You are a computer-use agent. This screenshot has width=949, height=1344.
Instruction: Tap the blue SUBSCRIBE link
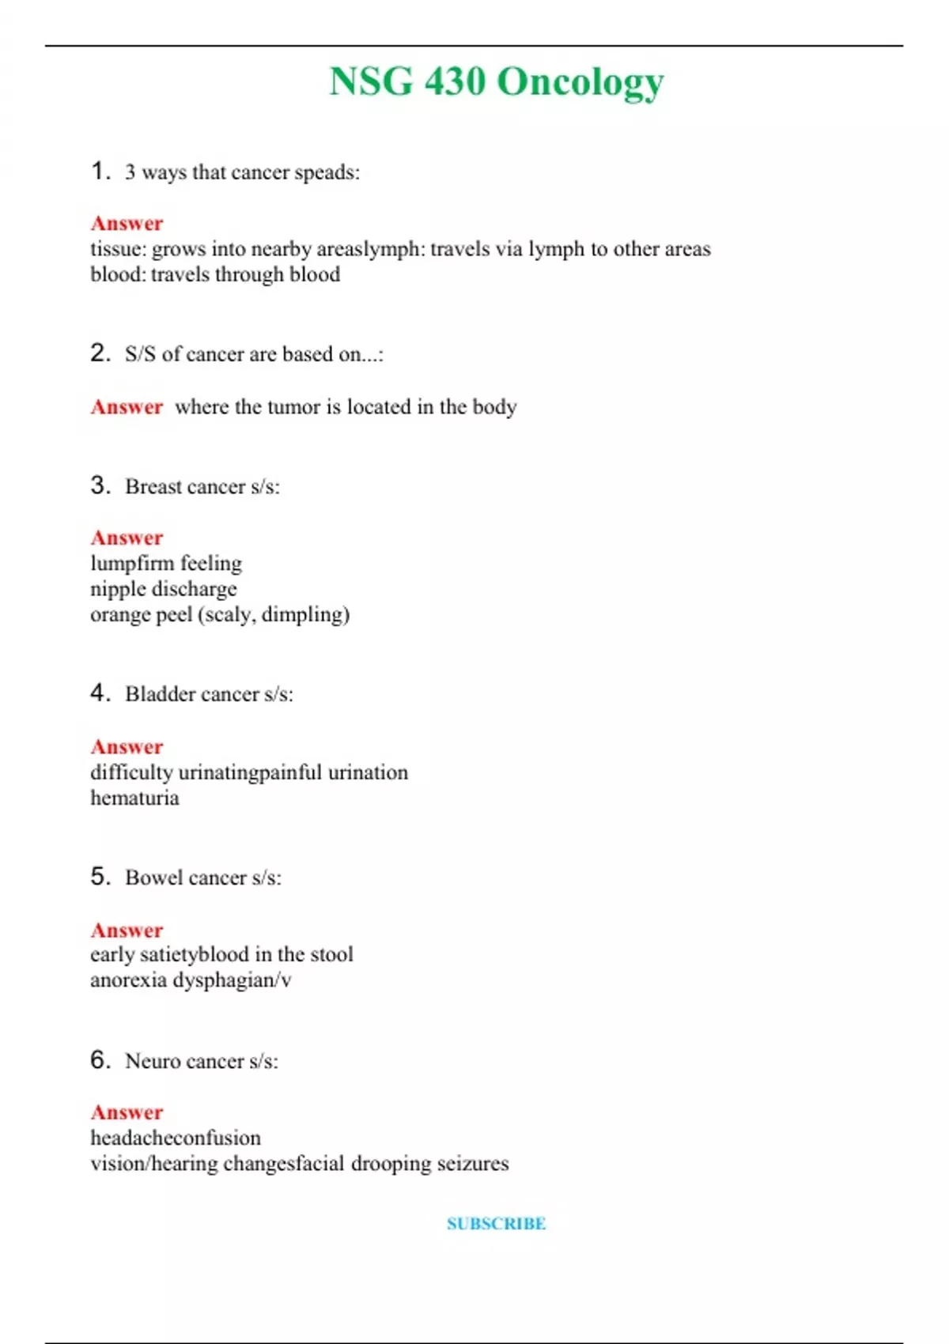[496, 1224]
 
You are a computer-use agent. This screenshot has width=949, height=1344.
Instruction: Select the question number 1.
[99, 171]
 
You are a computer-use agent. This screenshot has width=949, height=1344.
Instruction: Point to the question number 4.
[99, 693]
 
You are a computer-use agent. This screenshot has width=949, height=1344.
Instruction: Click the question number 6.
[99, 1059]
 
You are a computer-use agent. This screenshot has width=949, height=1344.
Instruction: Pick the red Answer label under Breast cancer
[127, 538]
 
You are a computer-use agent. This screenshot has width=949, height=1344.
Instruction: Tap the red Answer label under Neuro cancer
[127, 1112]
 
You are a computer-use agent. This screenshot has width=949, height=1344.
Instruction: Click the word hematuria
[134, 798]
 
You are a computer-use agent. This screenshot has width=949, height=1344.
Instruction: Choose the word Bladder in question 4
[159, 694]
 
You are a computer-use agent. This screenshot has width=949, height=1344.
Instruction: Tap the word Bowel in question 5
[153, 878]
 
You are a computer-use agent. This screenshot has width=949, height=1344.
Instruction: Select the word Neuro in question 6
[153, 1061]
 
